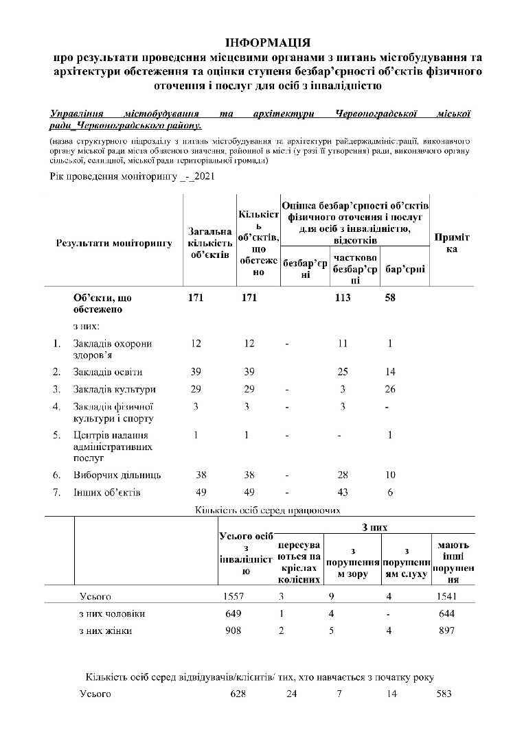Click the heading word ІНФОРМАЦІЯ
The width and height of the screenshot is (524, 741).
[x=268, y=43]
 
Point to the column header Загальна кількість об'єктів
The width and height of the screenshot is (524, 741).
[x=209, y=243]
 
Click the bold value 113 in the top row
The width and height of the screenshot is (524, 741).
[x=342, y=298]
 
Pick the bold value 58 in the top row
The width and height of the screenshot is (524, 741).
[x=389, y=298]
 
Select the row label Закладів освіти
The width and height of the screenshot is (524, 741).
[x=108, y=372]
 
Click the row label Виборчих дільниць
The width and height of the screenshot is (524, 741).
[x=117, y=475]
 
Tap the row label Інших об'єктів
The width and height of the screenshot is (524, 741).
[x=106, y=492]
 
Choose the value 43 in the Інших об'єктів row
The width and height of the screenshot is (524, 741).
[x=343, y=492]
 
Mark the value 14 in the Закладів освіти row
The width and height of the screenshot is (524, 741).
[x=389, y=372]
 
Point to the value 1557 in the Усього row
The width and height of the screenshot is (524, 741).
[x=233, y=596]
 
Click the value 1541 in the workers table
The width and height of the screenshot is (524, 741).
[x=446, y=596]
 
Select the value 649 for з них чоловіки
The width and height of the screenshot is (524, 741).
[x=233, y=613]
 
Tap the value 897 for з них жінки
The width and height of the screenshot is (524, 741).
[x=446, y=631]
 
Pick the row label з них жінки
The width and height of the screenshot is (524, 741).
[x=106, y=631]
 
